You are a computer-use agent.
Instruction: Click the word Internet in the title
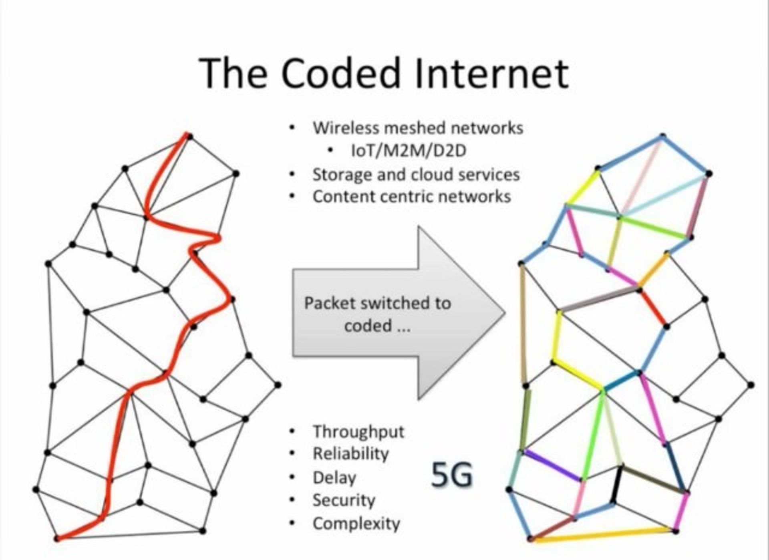tap(492, 73)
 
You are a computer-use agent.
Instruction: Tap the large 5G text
tap(452, 475)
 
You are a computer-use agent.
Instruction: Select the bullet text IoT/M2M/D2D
tap(409, 151)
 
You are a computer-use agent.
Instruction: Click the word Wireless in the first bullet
tap(345, 128)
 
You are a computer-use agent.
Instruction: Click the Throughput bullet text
tap(358, 432)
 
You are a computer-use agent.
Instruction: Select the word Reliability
tap(350, 454)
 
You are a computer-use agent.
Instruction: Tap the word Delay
tap(334, 478)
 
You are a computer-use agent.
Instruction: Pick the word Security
tap(344, 500)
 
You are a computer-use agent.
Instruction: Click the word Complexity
tap(356, 524)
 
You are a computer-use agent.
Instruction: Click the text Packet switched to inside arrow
tap(377, 303)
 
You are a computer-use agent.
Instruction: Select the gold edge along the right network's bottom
tap(603, 535)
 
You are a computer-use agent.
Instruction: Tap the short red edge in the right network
tap(654, 308)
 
